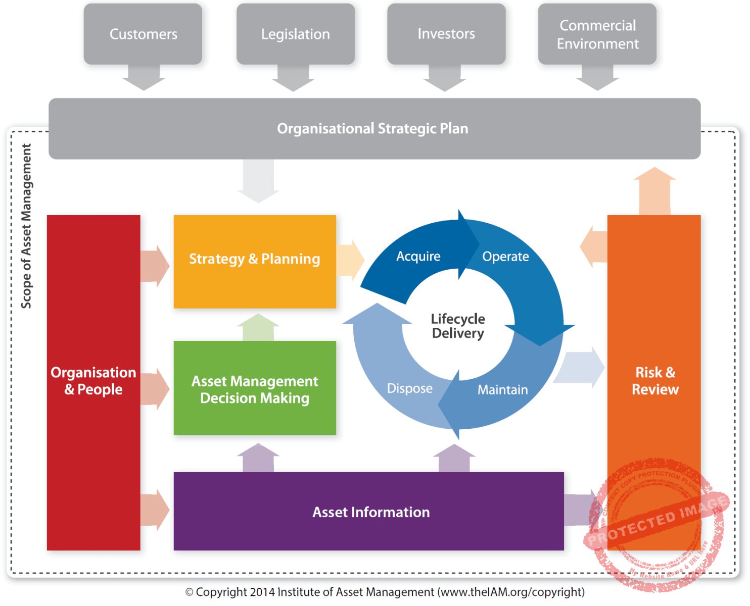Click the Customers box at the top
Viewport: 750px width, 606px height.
143,34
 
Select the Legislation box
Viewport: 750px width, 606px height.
295,34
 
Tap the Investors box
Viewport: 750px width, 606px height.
446,34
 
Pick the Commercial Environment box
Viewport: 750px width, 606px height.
597,34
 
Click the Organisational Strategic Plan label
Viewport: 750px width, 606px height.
372,129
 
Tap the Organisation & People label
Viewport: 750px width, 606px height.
93,381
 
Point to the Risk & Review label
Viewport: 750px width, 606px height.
655,381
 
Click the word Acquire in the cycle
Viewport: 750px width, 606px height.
418,257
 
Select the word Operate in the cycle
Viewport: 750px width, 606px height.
505,257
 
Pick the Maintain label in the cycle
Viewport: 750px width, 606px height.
502,390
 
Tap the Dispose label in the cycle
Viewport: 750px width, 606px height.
410,388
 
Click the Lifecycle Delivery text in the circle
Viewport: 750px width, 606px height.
458,326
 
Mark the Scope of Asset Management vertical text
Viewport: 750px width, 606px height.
26,226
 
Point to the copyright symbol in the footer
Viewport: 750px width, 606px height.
190,592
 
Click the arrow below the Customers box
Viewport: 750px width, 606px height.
144,78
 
